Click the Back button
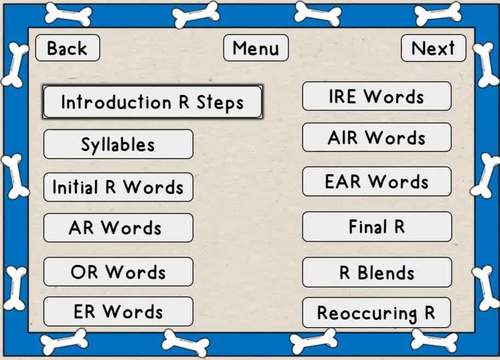tap(67, 48)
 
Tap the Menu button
tap(256, 48)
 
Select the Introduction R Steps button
tap(152, 102)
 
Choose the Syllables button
tap(118, 144)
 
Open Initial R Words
tap(118, 187)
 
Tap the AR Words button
tap(118, 228)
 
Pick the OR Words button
tap(118, 272)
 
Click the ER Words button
tap(118, 311)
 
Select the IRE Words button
tap(376, 97)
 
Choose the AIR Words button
tap(376, 138)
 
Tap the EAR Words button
tap(376, 182)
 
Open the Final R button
tap(376, 227)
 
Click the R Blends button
tap(376, 272)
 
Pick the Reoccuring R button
tap(376, 313)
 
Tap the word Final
tap(366, 227)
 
